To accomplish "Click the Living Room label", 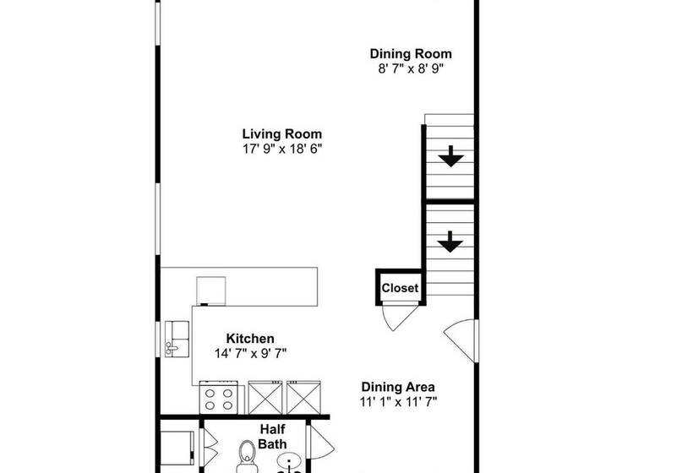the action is [282, 133].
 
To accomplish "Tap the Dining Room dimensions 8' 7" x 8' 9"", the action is [411, 69].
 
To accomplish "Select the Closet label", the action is [400, 288].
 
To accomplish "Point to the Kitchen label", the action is [250, 339].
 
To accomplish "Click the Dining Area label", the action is [398, 387].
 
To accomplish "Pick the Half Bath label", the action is [273, 437].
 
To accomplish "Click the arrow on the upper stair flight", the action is [450, 156].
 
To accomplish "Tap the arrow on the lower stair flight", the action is [450, 242].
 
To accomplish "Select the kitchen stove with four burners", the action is [219, 398].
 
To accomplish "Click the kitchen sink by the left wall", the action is [177, 339].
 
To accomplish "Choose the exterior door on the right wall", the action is [461, 340].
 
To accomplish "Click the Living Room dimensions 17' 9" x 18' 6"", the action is [282, 149].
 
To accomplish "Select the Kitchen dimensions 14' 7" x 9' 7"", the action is [251, 354].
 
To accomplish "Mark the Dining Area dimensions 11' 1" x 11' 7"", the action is [399, 402].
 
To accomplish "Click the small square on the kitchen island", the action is [210, 291].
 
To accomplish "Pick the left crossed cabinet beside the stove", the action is [265, 398].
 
